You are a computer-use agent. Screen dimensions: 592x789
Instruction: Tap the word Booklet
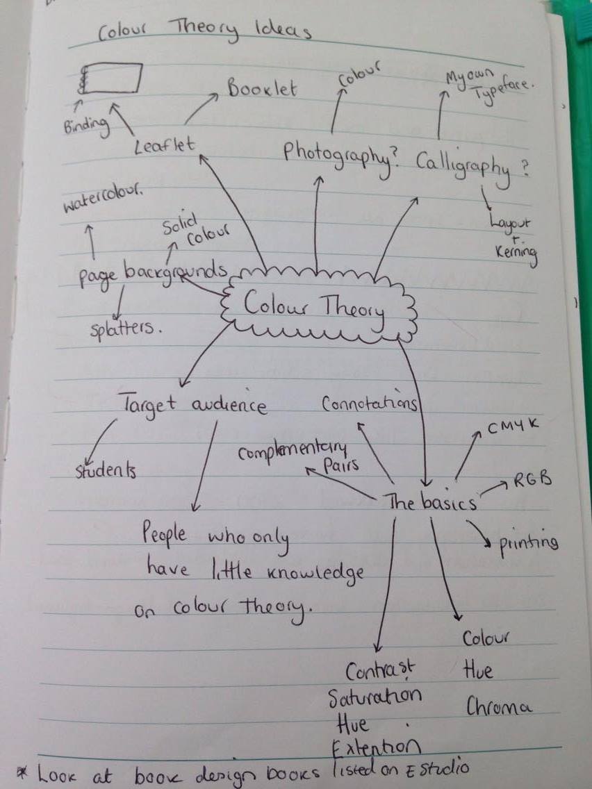pyautogui.click(x=261, y=88)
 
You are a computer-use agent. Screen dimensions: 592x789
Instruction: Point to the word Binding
pyautogui.click(x=86, y=126)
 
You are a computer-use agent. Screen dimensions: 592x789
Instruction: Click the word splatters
pyautogui.click(x=125, y=329)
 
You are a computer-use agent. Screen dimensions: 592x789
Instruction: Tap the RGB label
pyautogui.click(x=533, y=479)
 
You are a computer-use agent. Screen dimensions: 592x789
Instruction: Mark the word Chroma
pyautogui.click(x=498, y=706)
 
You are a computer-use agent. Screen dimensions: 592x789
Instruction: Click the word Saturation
pyautogui.click(x=375, y=695)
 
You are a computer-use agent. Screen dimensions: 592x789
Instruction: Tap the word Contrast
pyautogui.click(x=380, y=670)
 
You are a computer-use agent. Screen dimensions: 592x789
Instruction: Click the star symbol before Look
pyautogui.click(x=19, y=770)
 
